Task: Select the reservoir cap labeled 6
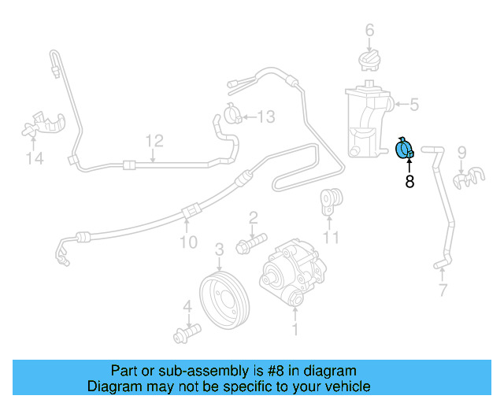tap(369, 61)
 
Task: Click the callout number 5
tap(414, 103)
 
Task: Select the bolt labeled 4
tap(186, 333)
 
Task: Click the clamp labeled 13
tap(235, 115)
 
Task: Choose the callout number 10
tap(189, 242)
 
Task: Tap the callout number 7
tap(443, 291)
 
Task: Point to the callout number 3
tap(220, 249)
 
